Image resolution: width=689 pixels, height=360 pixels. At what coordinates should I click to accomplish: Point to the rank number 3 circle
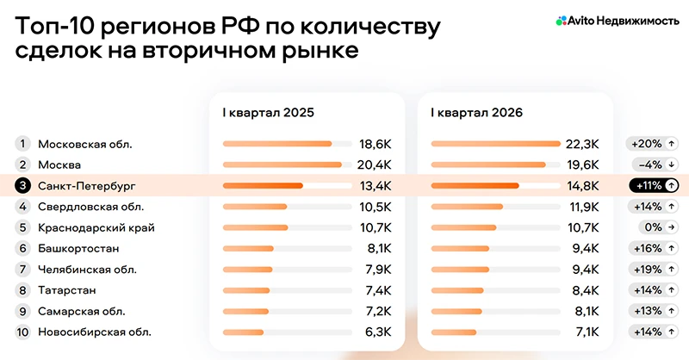23,185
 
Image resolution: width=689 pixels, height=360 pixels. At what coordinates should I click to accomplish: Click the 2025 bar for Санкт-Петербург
263,185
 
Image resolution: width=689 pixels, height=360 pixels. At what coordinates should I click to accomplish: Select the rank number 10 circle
23,332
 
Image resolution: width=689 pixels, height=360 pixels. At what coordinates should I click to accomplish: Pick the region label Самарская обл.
82,311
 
